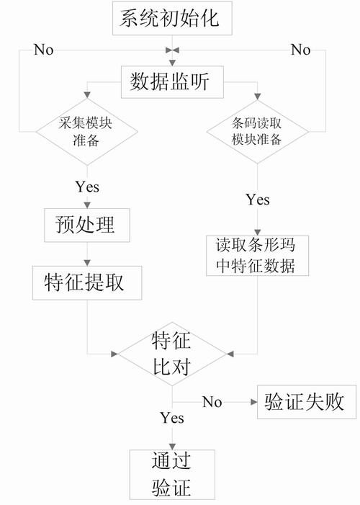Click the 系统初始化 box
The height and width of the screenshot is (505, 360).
172,18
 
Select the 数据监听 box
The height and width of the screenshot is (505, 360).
172,82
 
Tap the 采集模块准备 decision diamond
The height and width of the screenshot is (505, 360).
87,132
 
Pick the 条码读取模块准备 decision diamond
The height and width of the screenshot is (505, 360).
257,132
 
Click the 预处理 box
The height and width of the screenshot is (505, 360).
87,225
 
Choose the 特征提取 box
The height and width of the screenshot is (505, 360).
87,283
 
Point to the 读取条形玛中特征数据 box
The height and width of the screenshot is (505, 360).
257,256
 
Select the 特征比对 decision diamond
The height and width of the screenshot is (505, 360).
172,354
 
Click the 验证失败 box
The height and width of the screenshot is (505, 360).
307,402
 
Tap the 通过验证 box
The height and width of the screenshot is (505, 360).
172,475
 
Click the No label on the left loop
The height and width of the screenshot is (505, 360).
43,50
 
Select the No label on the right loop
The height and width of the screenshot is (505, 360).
300,50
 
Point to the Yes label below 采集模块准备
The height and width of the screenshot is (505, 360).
87,187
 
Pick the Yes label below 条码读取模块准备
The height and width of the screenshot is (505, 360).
258,200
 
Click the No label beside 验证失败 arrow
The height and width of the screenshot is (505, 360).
212,402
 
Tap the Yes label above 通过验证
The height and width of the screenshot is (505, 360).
172,418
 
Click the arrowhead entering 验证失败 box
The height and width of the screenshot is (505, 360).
254,402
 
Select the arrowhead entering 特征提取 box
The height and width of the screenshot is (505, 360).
87,263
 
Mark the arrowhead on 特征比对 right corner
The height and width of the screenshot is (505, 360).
230,354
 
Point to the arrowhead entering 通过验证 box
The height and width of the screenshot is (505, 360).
172,447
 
